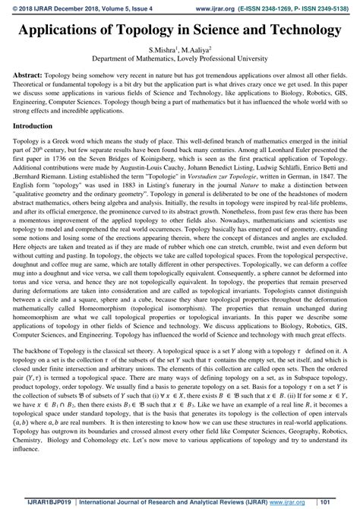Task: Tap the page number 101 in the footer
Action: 343,502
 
